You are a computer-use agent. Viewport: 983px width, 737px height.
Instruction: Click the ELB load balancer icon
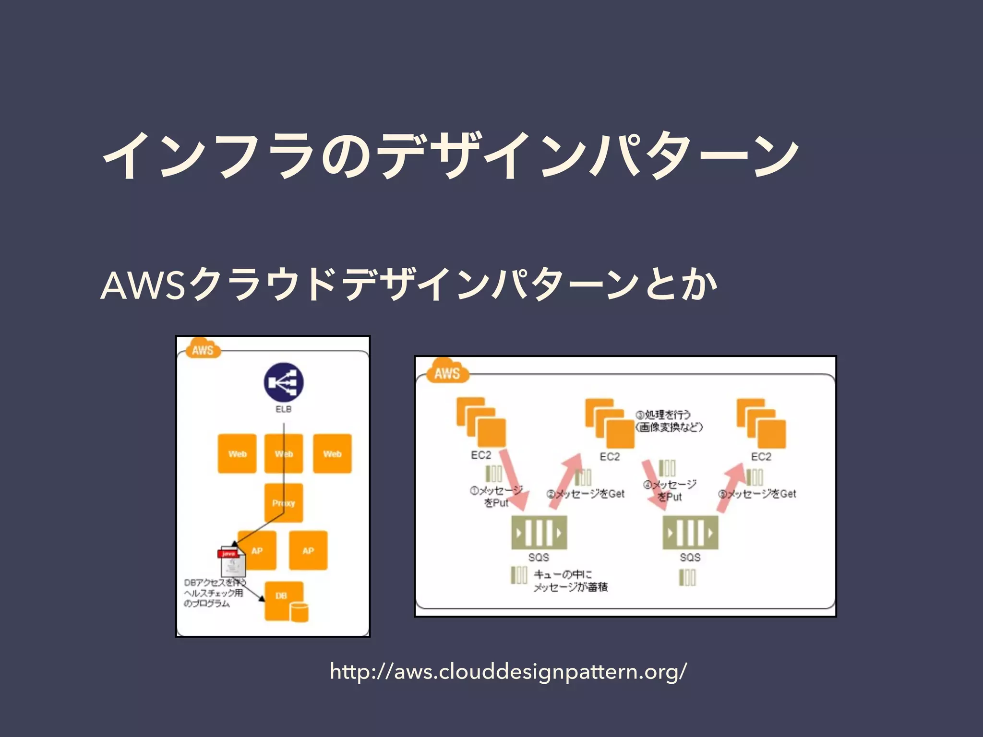point(284,382)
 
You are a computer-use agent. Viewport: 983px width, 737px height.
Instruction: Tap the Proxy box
point(284,502)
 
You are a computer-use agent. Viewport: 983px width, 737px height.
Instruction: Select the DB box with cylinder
point(286,601)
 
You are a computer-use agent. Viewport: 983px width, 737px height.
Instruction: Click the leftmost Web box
point(237,453)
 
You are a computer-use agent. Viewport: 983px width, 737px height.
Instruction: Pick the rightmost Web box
point(332,453)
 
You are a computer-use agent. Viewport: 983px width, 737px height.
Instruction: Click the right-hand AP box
point(308,550)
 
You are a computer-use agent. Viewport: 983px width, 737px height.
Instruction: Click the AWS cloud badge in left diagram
point(203,349)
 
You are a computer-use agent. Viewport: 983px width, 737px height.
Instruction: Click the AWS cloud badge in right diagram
point(446,372)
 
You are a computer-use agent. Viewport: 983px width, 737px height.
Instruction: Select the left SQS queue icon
point(539,533)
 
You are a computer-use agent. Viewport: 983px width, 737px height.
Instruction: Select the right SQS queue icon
point(690,533)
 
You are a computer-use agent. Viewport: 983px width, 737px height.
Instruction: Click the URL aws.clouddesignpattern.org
point(508,671)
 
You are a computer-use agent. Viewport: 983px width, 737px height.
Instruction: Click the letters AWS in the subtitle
point(143,285)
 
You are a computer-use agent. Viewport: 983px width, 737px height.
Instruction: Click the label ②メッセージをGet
point(586,494)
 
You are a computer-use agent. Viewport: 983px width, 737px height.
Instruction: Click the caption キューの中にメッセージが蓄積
point(571,581)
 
